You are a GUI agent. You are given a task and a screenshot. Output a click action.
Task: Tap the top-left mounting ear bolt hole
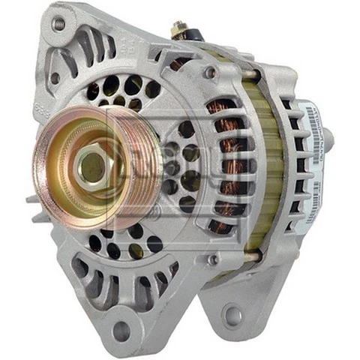58,24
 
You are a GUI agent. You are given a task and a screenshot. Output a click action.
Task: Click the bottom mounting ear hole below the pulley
120,330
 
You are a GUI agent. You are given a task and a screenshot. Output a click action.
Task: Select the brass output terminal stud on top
179,30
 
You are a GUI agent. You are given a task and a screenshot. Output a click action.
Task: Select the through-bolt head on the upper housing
211,73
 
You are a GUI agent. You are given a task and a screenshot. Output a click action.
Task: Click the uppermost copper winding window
223,105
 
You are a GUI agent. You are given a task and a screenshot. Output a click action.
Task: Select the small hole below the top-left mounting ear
54,77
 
